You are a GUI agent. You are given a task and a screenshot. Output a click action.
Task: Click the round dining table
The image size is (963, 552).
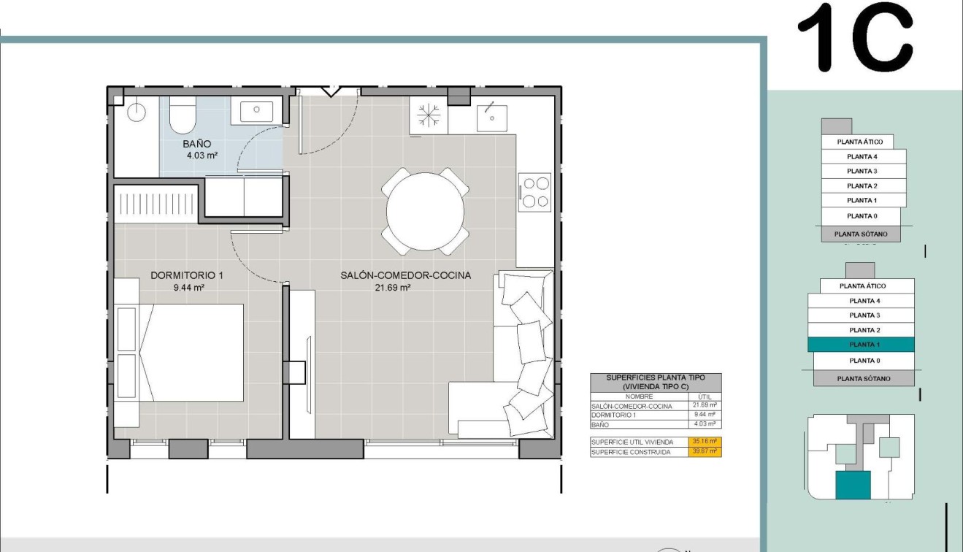(425, 212)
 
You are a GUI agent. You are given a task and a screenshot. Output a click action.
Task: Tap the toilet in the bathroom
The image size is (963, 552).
(183, 117)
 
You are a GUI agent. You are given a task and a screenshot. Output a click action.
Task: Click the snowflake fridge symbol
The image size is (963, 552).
(429, 115)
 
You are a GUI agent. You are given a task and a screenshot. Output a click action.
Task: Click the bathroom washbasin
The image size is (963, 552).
(256, 111)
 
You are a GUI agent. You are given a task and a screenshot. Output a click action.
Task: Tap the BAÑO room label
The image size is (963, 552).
(197, 144)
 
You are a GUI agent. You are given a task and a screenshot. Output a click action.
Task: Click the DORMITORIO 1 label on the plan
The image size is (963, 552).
(186, 275)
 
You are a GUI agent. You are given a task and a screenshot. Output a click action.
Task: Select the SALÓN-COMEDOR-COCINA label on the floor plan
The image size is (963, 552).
(405, 275)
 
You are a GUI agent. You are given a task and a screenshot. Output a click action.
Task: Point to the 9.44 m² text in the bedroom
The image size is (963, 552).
(188, 288)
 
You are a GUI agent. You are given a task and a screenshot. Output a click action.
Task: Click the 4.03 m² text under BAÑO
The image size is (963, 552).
(202, 156)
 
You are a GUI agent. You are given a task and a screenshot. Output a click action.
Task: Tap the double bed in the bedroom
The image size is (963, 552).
(193, 353)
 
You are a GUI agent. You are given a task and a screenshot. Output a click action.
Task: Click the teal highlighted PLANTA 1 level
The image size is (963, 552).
(862, 345)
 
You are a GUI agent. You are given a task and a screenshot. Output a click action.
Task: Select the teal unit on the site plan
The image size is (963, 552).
(853, 485)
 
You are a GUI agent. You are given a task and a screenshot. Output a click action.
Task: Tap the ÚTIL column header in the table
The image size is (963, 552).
(705, 396)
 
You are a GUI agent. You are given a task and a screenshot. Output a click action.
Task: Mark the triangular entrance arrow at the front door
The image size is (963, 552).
(331, 91)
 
